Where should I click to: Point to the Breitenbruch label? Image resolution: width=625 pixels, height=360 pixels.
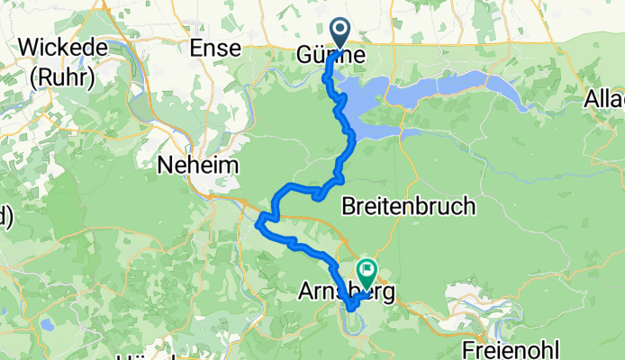[x=409, y=207]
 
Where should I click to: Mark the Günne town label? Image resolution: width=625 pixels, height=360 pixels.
[x=331, y=56]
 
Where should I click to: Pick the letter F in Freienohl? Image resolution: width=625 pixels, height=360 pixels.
[x=468, y=346]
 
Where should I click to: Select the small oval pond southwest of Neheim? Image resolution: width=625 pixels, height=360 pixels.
[x=45, y=323]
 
